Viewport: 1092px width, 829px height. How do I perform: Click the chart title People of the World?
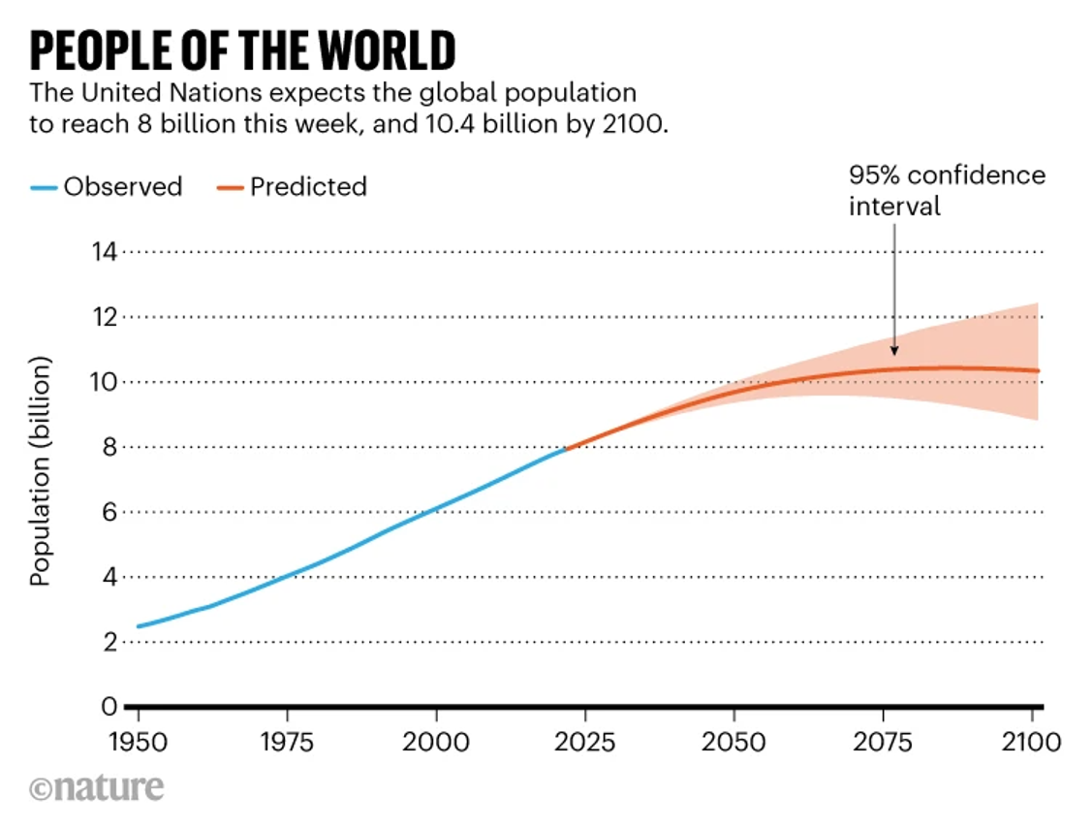[241, 50]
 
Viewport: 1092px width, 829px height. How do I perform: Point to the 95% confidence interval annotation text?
[947, 191]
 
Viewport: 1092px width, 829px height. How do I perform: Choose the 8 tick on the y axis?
[109, 447]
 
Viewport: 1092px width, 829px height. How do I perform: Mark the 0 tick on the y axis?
[109, 707]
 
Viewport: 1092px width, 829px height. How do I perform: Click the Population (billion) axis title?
[40, 473]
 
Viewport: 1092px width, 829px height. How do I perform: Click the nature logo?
[96, 787]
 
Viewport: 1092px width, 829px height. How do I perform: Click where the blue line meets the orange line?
[565, 449]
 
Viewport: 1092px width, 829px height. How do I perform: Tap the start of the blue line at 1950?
[138, 626]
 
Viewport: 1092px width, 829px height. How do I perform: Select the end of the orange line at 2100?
[1038, 370]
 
